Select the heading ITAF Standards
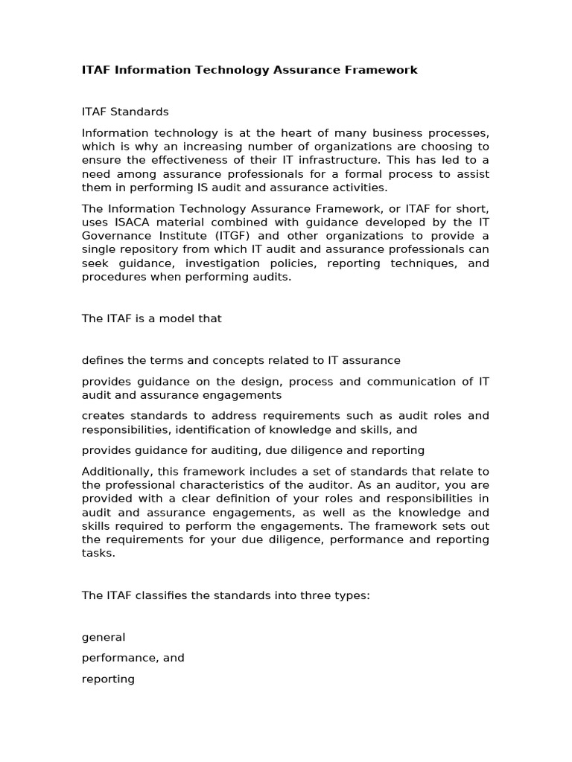click(125, 112)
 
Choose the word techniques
click(414, 263)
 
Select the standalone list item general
click(104, 637)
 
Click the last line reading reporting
click(108, 679)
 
